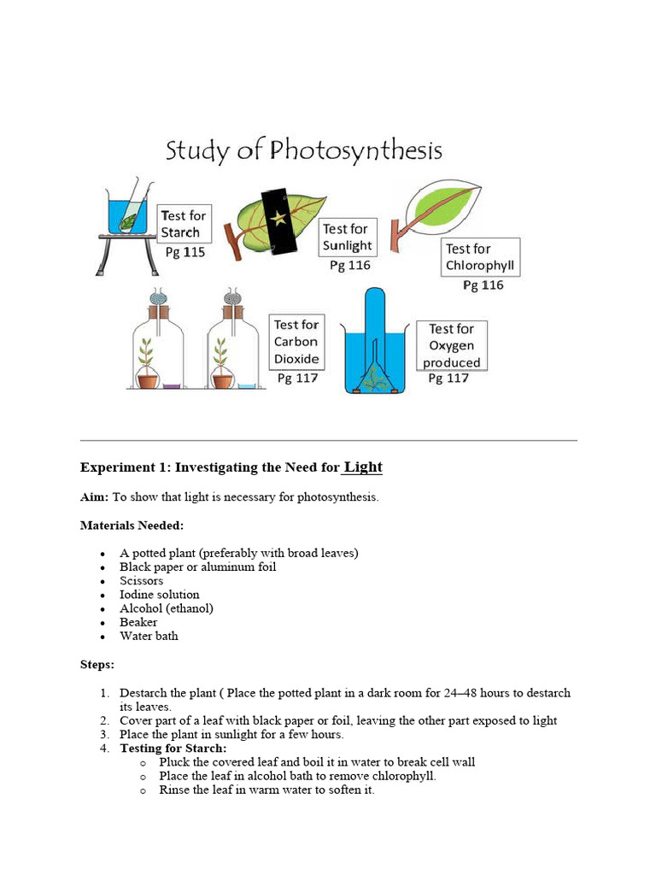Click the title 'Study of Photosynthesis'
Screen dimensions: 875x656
point(303,151)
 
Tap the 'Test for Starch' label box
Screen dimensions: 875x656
point(183,224)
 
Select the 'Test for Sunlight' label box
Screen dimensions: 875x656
point(345,238)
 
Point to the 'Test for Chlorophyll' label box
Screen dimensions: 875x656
point(480,257)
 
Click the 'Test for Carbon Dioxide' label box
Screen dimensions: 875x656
point(296,341)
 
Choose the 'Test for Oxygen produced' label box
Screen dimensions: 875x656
point(452,345)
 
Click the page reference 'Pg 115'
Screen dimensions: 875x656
point(184,253)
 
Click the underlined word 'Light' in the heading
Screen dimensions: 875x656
point(363,467)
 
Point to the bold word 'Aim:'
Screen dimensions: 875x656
point(95,496)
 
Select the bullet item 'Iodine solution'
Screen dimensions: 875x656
point(159,595)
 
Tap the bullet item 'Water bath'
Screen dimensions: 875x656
point(149,636)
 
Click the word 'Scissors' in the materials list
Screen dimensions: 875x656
point(141,580)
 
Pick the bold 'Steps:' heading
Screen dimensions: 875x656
point(97,664)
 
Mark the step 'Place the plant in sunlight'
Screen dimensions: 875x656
point(231,735)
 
